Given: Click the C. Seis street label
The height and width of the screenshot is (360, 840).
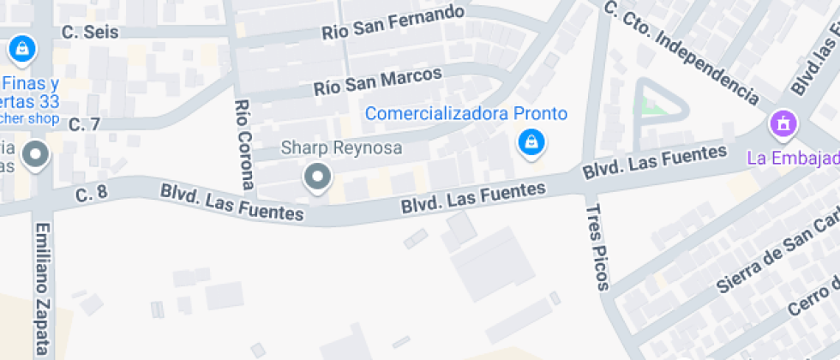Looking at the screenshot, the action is (x=90, y=32).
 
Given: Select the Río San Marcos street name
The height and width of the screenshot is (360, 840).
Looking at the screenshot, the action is (x=377, y=81).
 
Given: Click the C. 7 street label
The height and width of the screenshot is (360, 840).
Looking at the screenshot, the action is (x=84, y=124).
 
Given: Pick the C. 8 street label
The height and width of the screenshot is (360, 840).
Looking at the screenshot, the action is (x=91, y=193).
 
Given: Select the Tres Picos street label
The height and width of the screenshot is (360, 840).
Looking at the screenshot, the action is (x=597, y=247).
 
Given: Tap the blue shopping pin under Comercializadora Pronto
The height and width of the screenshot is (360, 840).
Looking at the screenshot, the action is (x=531, y=142).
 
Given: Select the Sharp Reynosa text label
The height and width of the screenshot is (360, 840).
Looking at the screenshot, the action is (x=341, y=148).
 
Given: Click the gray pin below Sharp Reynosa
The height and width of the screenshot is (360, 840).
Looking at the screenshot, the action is (x=318, y=177).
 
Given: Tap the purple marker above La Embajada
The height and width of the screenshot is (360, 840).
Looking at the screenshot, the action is (x=782, y=125).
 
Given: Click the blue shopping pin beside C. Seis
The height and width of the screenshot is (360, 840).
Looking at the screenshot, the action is (x=22, y=48).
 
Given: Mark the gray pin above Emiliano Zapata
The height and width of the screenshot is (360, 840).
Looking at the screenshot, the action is (x=35, y=156).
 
